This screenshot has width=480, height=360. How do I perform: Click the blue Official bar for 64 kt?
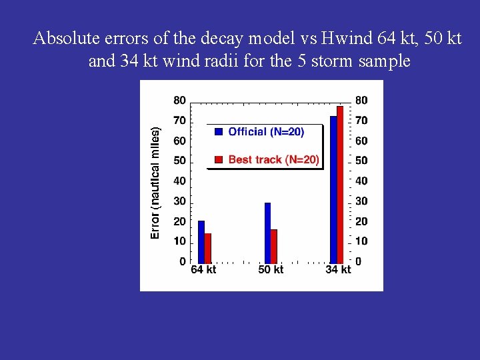tap(201, 241)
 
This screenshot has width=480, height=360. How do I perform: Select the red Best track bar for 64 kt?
tap(208, 248)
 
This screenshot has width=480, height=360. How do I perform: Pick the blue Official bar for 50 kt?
tap(267, 233)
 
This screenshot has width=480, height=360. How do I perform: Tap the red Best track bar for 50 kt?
tap(274, 246)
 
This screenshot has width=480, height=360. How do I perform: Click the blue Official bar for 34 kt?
tap(333, 189)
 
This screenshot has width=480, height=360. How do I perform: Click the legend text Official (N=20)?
tap(266, 132)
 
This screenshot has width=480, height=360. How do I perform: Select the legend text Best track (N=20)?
tap(273, 159)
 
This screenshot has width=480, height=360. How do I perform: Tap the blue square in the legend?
tap(219, 132)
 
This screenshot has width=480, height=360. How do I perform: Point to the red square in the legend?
tap(219, 159)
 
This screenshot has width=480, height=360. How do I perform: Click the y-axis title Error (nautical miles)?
tap(155, 183)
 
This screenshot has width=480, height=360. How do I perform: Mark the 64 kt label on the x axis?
tap(203, 270)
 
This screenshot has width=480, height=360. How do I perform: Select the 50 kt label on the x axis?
tap(271, 270)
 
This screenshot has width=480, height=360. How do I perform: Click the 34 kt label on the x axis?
tap(338, 270)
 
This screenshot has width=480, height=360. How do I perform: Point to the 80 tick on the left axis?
tap(180, 101)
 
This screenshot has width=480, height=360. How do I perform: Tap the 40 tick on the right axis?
tap(361, 181)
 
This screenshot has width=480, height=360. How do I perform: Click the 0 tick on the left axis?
tap(183, 262)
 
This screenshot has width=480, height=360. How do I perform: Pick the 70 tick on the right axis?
tap(361, 121)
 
